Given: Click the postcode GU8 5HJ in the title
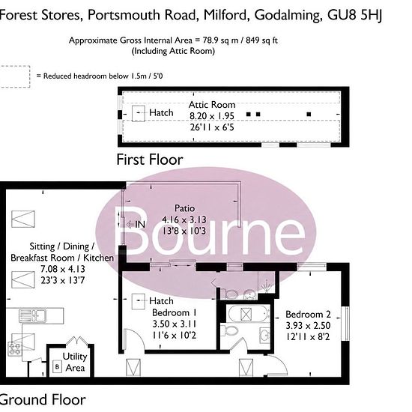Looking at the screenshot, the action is click(354, 15).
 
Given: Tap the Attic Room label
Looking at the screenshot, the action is click(212, 105).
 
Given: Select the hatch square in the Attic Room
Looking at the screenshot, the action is click(139, 113).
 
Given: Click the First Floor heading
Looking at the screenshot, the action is click(150, 160).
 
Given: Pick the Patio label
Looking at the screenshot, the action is click(185, 208).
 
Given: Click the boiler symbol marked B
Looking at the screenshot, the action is click(57, 366).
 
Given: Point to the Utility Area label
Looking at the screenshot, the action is click(74, 362).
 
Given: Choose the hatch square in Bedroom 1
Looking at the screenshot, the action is click(139, 301).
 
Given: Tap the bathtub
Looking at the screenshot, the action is click(248, 314).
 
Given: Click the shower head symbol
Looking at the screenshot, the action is click(267, 285).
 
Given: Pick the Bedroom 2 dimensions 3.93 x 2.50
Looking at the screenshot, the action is click(308, 326).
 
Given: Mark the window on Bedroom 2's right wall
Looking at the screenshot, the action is click(346, 324).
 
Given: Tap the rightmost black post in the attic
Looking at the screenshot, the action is click(309, 114).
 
